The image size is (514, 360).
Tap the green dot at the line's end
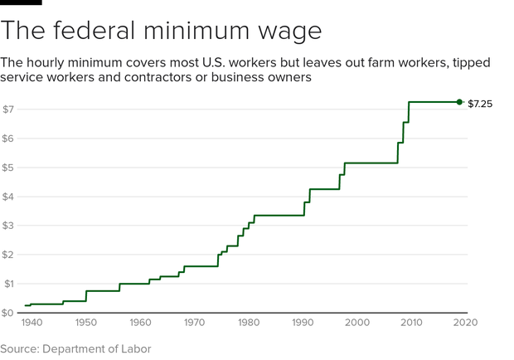[459, 102]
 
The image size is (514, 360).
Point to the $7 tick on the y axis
[7, 109]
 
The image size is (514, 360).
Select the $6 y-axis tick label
[7, 139]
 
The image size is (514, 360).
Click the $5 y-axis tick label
[7, 168]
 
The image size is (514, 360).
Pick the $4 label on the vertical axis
[7, 197]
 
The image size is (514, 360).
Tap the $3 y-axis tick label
[7, 226]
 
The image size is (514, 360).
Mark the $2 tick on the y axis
[7, 255]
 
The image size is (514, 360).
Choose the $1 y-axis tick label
[7, 284]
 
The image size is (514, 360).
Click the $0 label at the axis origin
[7, 313]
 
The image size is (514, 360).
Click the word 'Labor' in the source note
[134, 348]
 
